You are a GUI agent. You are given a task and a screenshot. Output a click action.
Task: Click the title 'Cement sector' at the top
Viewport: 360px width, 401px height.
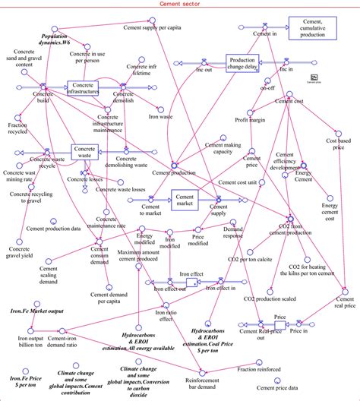[179, 5]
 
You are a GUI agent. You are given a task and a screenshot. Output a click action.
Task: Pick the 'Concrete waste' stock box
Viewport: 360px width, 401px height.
[86, 152]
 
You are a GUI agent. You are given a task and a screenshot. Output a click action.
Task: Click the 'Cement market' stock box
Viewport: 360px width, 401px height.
[184, 200]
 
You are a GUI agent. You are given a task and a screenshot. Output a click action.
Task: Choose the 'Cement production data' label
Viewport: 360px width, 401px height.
[53, 228]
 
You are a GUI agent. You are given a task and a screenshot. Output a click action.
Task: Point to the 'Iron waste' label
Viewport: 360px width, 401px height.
[162, 118]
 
